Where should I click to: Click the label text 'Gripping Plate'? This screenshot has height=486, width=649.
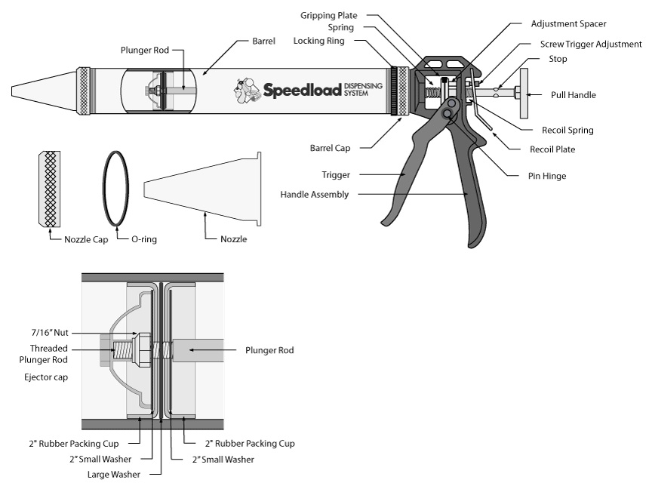pyautogui.click(x=328, y=15)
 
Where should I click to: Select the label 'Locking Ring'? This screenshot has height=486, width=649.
pyautogui.click(x=320, y=41)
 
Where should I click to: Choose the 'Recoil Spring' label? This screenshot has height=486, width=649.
pyautogui.click(x=567, y=130)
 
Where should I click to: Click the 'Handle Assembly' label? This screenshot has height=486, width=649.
pyautogui.click(x=315, y=194)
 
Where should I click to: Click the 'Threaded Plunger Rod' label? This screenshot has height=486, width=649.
pyautogui.click(x=49, y=354)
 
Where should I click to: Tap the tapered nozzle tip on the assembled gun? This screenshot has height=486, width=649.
pyautogui.click(x=42, y=91)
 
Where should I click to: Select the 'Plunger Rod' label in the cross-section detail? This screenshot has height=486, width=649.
pyautogui.click(x=269, y=350)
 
